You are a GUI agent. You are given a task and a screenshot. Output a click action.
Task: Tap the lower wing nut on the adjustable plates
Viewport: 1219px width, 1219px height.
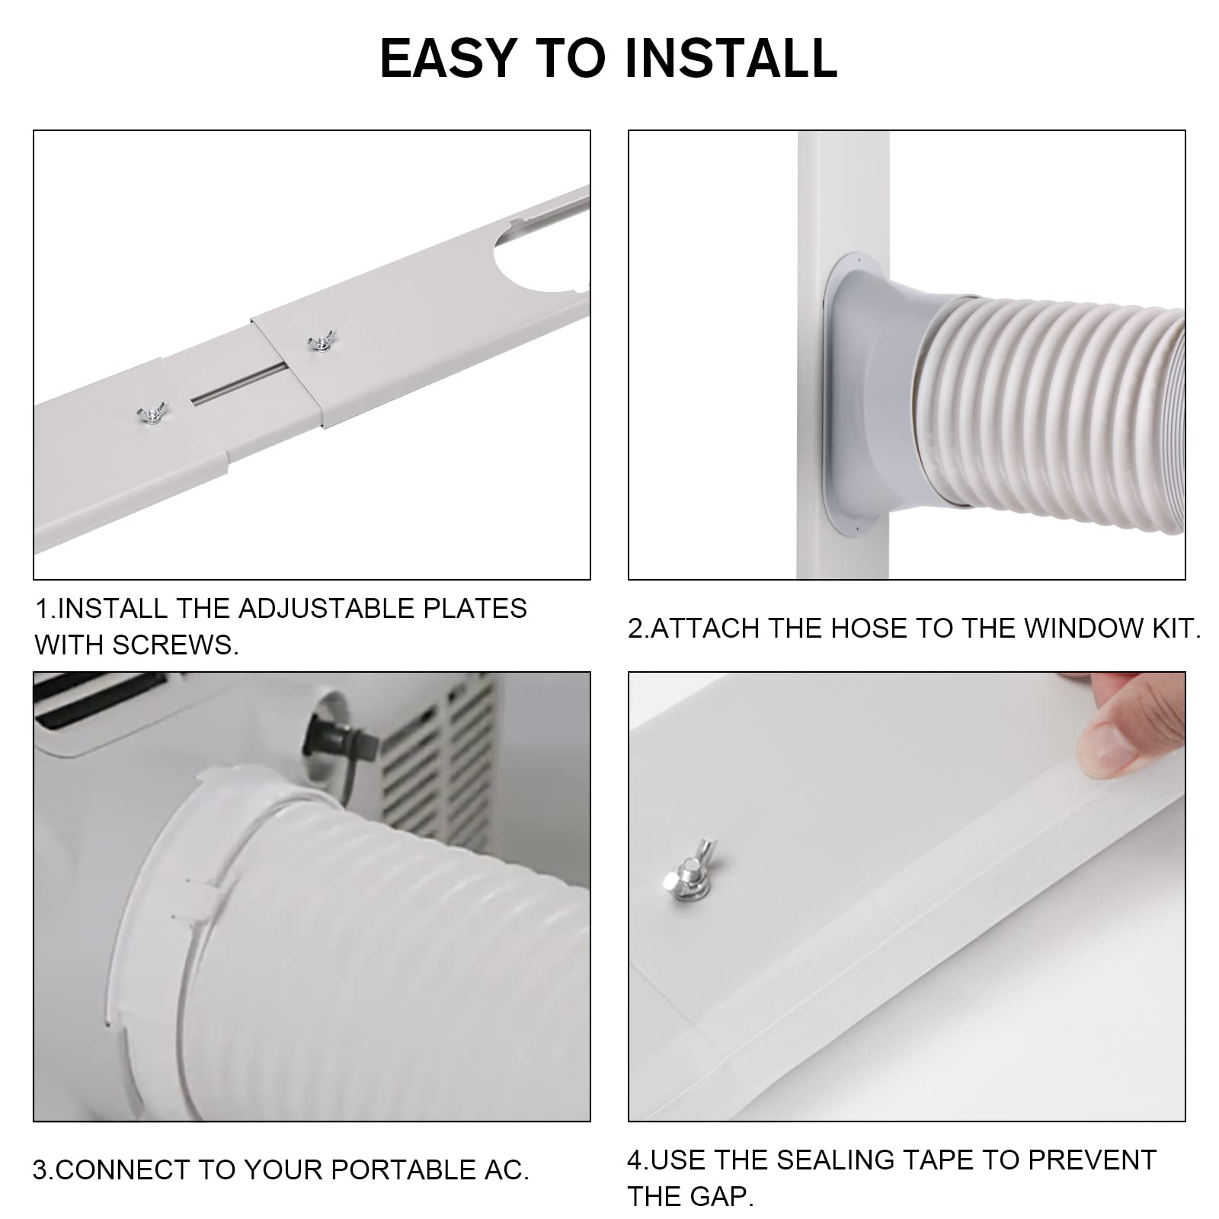[152, 414]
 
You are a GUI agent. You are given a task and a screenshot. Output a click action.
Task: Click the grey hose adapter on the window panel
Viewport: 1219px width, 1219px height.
[876, 396]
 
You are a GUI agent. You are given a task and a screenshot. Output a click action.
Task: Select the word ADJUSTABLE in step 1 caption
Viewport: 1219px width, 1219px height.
[327, 609]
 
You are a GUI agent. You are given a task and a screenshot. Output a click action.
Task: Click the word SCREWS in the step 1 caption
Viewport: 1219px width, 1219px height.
[174, 645]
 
